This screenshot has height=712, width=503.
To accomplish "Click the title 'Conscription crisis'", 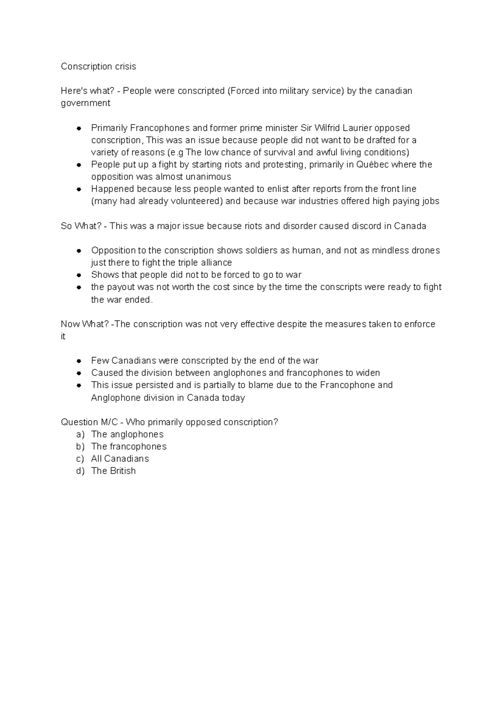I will click(99, 66).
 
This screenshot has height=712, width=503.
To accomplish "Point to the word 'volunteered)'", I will click(199, 201).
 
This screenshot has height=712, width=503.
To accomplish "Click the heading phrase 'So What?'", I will click(81, 226).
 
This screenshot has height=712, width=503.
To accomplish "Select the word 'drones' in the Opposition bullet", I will click(425, 250).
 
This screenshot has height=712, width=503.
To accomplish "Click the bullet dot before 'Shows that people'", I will click(78, 275).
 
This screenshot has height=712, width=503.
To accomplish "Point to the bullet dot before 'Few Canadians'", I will click(78, 361).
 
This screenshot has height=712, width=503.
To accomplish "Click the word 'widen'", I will click(368, 373).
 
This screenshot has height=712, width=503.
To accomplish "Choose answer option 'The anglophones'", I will click(127, 434).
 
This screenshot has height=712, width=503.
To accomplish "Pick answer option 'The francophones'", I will click(129, 447).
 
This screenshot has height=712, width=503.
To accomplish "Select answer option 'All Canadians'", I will click(120, 459).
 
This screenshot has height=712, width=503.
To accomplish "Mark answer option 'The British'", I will click(113, 471).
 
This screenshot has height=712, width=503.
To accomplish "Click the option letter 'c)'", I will click(80, 459).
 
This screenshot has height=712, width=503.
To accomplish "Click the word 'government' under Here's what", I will click(86, 103).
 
